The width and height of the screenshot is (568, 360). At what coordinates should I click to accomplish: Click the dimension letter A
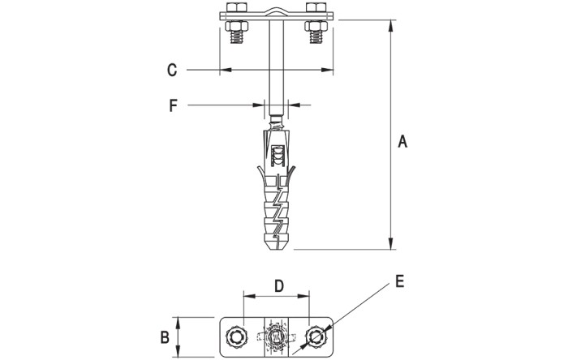point(402,141)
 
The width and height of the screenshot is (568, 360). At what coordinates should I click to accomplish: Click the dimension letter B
point(165,337)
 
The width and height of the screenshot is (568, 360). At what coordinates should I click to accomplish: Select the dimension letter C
point(172,70)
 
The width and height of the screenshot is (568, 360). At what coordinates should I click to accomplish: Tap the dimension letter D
point(278,285)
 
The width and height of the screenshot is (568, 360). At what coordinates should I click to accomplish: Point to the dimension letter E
point(399,281)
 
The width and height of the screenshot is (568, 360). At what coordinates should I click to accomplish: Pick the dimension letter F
point(173,105)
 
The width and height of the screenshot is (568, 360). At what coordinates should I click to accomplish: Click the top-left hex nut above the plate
point(236,7)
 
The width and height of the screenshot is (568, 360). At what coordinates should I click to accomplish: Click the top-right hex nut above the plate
point(316,7)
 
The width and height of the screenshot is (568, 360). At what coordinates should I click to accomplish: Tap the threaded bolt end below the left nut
point(237,36)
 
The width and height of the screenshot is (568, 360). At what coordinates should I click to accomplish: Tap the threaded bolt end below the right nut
point(316,36)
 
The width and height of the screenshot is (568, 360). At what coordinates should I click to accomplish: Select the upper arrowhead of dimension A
point(391,26)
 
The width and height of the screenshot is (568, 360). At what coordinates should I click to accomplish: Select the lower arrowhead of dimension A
point(391,243)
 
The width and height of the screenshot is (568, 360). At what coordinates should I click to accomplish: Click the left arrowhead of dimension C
point(226,70)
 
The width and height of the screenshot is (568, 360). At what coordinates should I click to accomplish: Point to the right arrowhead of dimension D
point(303,296)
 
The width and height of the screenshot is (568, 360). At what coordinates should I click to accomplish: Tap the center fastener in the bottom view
point(277,337)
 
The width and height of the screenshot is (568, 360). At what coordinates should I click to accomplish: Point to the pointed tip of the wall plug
point(277,249)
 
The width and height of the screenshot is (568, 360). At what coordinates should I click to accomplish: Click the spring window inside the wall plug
point(278,156)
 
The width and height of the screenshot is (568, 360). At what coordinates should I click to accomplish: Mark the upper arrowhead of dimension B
point(178,323)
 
